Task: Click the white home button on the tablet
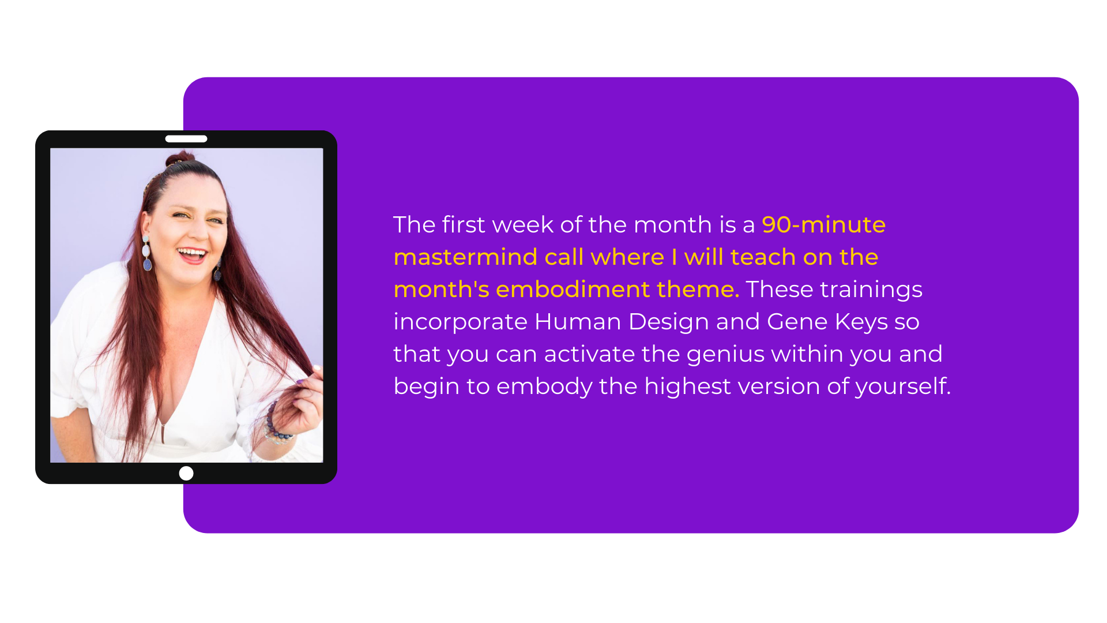pos(186,473)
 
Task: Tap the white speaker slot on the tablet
pos(186,138)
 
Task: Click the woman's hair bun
pos(180,158)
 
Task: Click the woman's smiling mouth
pos(192,254)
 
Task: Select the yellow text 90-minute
pos(823,224)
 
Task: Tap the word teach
pos(763,257)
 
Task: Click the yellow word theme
pos(698,289)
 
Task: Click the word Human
pos(578,321)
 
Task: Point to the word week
pos(523,224)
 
